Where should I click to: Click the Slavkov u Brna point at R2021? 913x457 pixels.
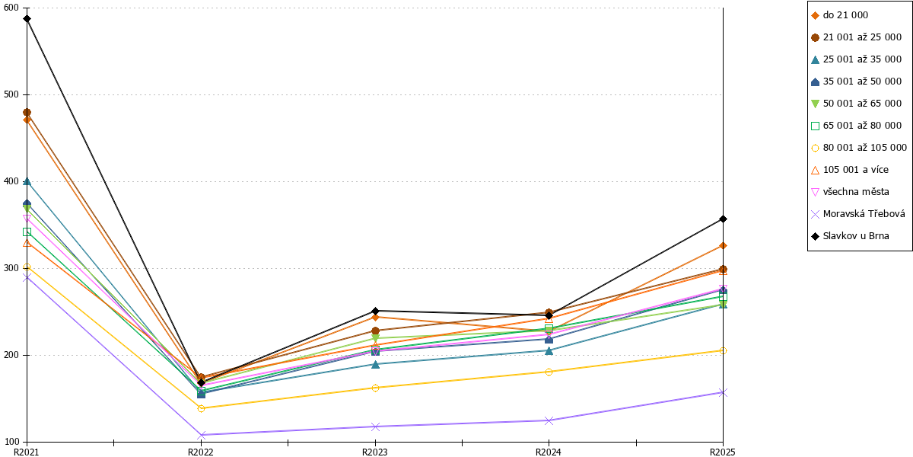(x=27, y=19)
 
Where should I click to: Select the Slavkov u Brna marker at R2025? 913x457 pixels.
(x=723, y=219)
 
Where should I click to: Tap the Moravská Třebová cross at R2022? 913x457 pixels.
(x=201, y=435)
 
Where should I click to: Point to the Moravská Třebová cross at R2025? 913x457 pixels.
(x=723, y=392)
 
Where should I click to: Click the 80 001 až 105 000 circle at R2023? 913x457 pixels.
(x=375, y=388)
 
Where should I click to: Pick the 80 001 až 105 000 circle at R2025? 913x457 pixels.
(x=723, y=351)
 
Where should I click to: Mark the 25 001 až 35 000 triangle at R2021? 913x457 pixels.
(x=27, y=181)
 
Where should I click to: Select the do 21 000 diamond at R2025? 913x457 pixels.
(x=723, y=245)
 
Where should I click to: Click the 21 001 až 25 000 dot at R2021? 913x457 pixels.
(x=27, y=113)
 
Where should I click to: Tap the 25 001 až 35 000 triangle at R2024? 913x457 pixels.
(x=549, y=350)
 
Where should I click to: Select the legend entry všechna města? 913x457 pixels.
(x=850, y=192)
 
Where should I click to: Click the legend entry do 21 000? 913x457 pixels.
(x=840, y=15)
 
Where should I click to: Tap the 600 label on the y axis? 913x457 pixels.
(x=11, y=8)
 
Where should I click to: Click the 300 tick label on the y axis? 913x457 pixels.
(x=11, y=268)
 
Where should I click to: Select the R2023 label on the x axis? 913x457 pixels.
(x=375, y=452)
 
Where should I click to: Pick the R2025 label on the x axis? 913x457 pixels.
(x=723, y=452)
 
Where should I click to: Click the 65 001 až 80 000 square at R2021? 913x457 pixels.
(x=27, y=232)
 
